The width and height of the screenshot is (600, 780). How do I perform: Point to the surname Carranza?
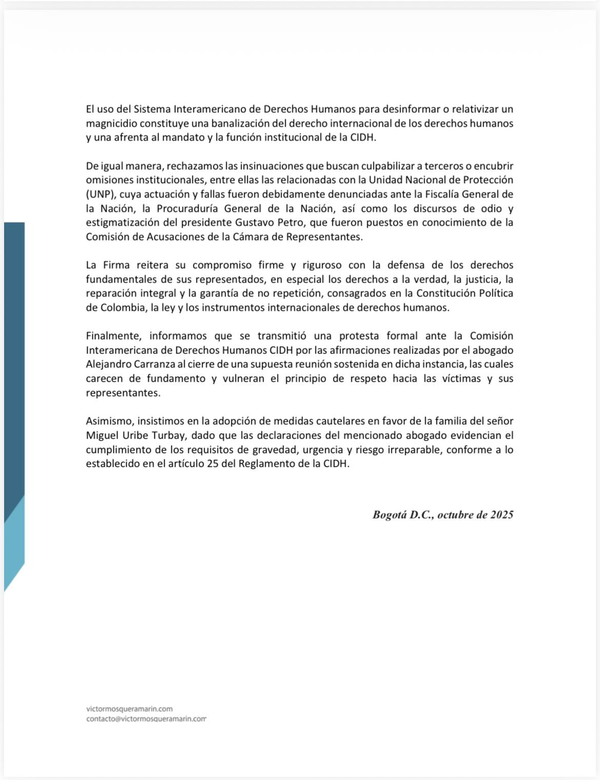(x=150, y=364)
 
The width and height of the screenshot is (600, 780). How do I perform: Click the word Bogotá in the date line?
(x=389, y=515)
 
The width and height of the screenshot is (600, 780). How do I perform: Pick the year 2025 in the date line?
(x=502, y=515)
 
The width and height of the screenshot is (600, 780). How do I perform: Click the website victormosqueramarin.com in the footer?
(x=129, y=709)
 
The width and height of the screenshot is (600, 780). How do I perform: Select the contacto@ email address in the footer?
(x=146, y=719)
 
